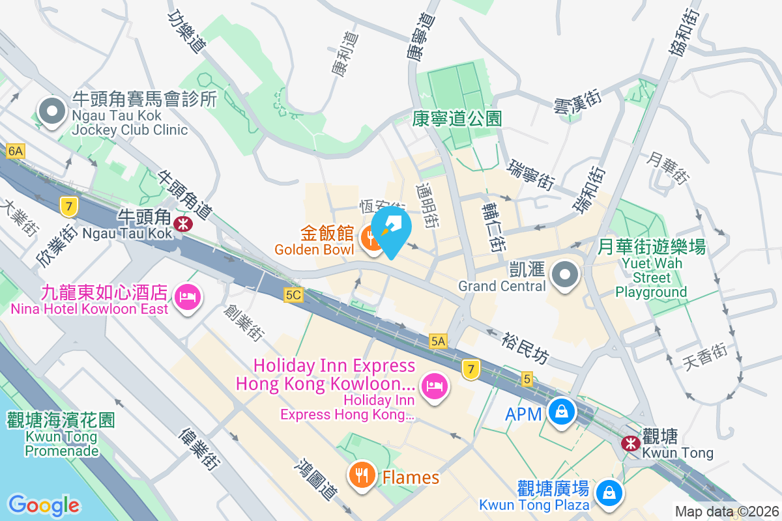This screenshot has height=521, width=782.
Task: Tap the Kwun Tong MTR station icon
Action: point(630,444)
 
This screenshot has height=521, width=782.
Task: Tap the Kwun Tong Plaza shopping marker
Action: point(609,492)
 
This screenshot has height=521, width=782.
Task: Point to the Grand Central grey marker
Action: point(565,274)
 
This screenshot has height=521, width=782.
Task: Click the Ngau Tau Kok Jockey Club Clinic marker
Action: point(52,111)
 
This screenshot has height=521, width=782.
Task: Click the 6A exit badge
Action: point(15,152)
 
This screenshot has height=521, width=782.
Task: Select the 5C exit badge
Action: point(293,295)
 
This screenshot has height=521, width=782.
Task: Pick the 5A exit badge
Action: point(438,341)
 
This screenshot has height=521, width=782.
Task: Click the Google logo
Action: point(44,505)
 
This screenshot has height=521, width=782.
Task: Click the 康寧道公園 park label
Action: point(458,119)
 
